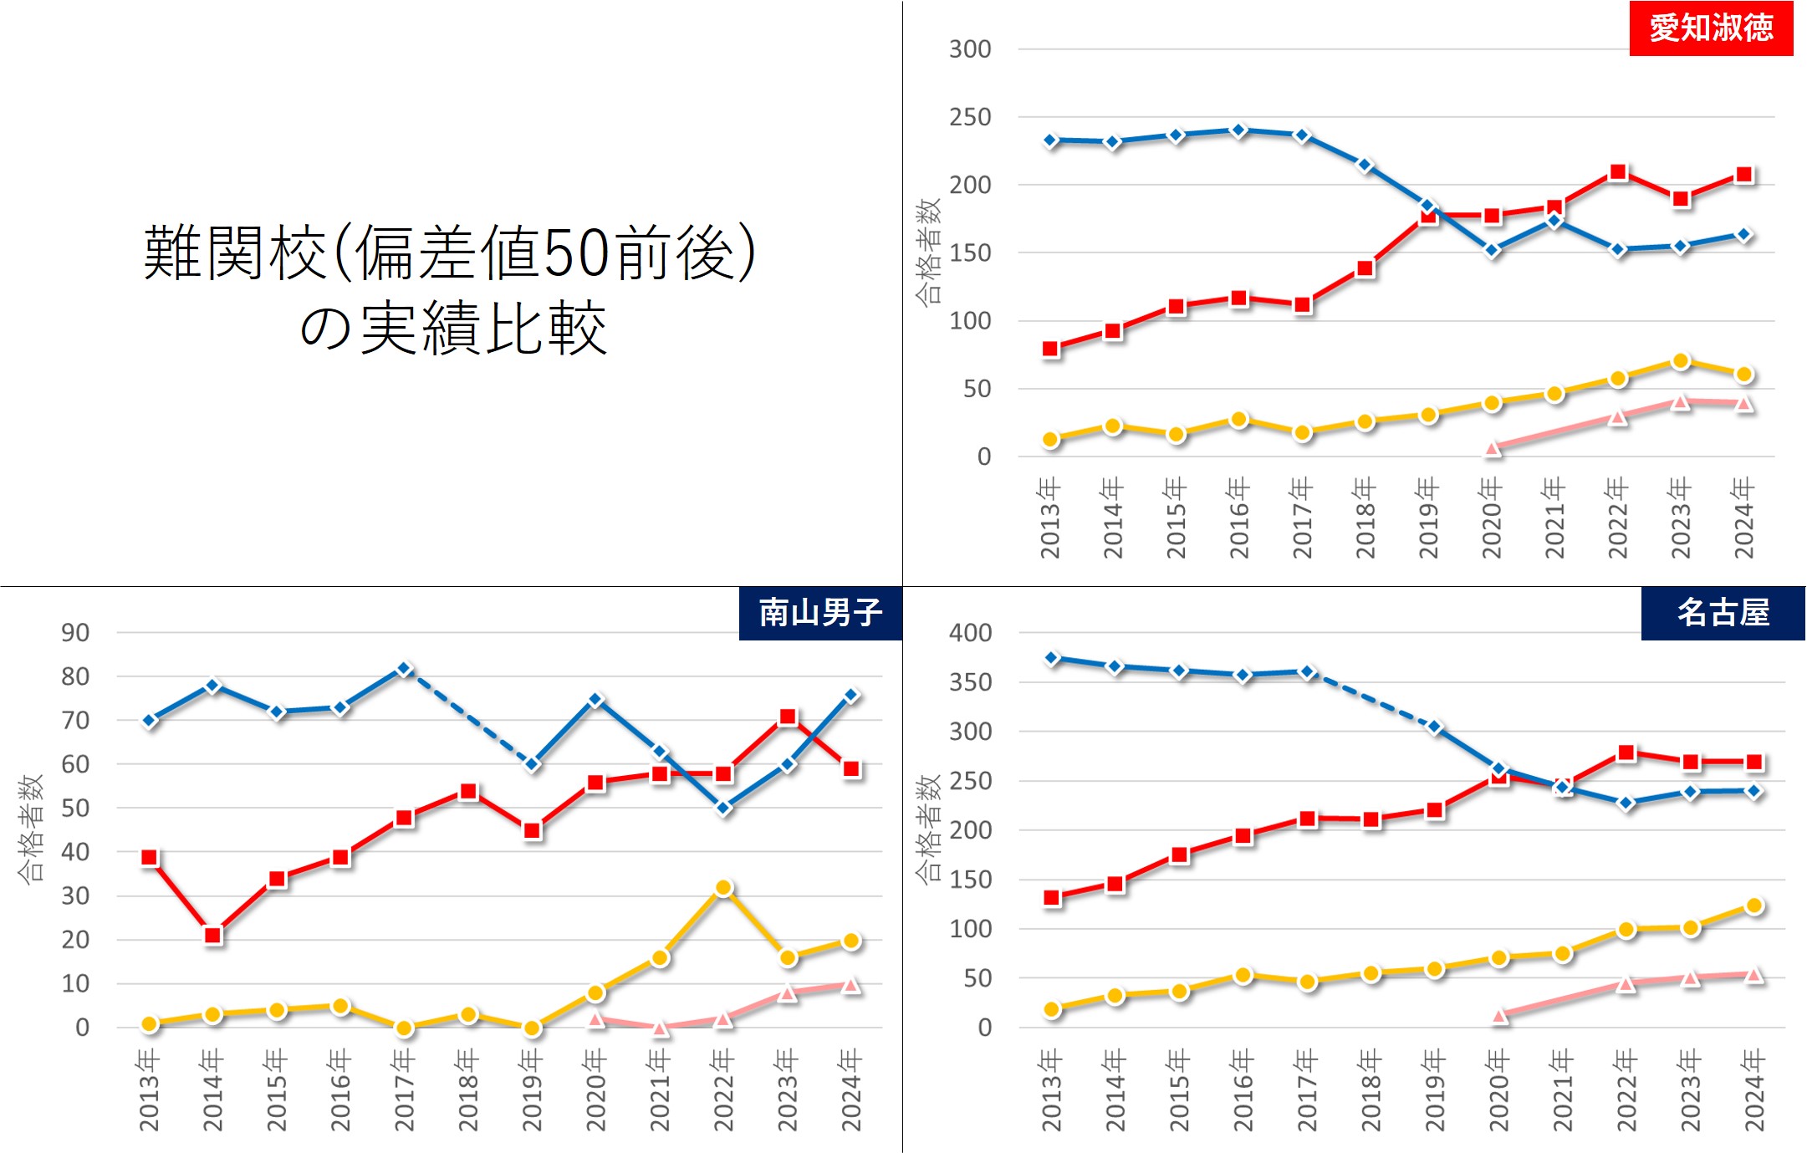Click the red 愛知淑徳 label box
(x=1710, y=28)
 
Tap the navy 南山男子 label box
(x=819, y=613)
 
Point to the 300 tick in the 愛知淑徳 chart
(x=970, y=49)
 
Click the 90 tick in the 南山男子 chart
(x=75, y=633)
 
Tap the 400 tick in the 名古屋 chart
(x=970, y=633)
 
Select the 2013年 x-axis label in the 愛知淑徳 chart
(x=1049, y=518)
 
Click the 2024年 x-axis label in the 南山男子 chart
(x=850, y=1090)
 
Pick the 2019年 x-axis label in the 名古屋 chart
(x=1434, y=1090)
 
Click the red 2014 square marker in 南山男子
(x=213, y=936)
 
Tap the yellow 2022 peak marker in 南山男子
(x=724, y=888)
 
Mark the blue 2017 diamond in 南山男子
(x=404, y=670)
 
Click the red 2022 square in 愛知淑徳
(x=1618, y=172)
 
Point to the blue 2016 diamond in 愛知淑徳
(x=1239, y=130)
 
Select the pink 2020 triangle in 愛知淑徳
(x=1493, y=449)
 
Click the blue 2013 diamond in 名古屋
(x=1053, y=658)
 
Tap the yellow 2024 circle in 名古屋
(x=1754, y=906)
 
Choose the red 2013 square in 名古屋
(x=1053, y=898)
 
